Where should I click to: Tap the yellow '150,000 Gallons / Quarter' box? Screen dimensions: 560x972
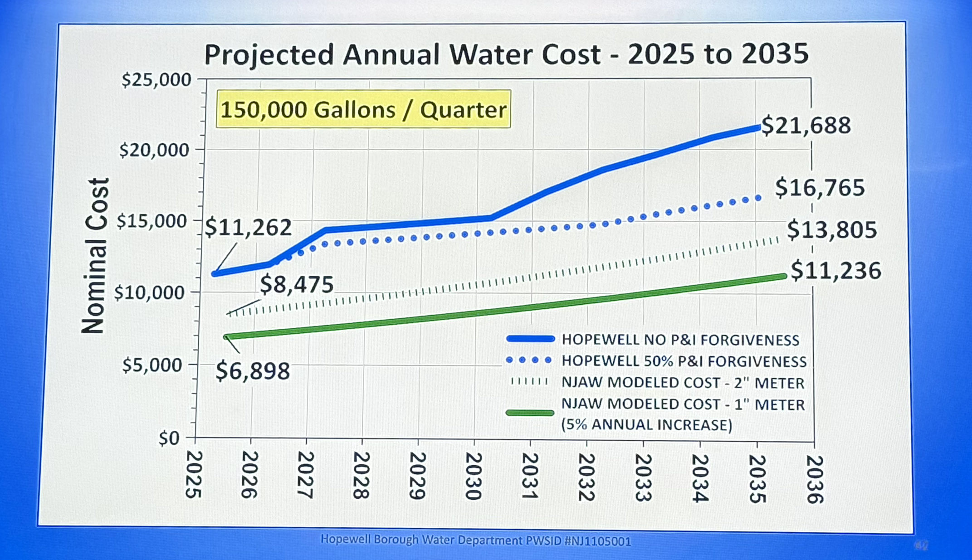point(363,110)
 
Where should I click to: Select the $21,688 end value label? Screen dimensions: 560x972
point(806,126)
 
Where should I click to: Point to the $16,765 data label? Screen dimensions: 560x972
point(820,188)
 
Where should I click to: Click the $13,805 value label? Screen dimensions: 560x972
point(832,230)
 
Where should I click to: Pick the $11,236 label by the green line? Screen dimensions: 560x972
point(835,271)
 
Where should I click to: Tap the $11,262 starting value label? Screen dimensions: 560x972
point(248,228)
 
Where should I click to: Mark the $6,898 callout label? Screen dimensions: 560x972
point(253,371)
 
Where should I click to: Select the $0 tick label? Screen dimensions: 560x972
point(169,438)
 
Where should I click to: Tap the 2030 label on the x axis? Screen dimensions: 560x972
point(473,476)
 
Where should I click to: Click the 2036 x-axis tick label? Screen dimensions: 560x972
point(814,479)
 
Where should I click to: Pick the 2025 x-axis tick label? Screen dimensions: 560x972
point(194,474)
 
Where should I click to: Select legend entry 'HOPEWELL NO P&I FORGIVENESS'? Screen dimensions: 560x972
point(680,340)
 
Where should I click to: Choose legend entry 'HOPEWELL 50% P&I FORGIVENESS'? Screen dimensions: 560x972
point(684,361)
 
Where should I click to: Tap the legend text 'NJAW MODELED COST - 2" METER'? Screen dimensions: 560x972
point(683,383)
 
